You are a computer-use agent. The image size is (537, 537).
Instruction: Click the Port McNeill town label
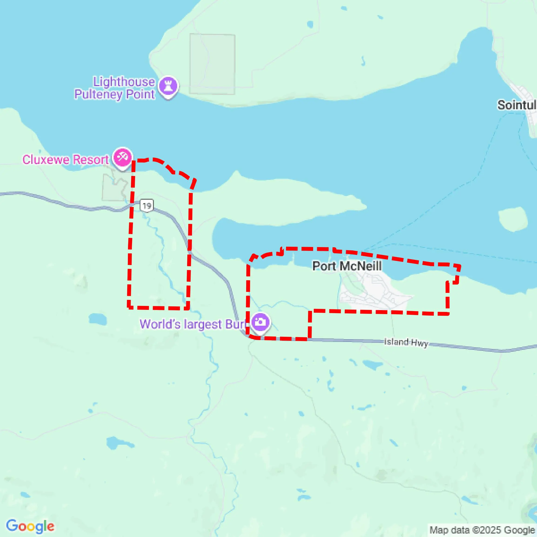[347, 266]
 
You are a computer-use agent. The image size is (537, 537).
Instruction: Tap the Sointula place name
[517, 105]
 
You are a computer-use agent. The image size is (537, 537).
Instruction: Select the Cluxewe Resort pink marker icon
[122, 158]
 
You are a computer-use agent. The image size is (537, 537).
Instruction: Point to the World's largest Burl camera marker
[260, 322]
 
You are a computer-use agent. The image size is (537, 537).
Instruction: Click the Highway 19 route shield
[147, 206]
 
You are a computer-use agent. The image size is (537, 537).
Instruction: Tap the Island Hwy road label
[406, 342]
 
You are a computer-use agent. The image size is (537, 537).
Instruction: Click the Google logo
[30, 526]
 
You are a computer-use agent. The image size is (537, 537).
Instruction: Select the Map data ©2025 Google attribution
[482, 530]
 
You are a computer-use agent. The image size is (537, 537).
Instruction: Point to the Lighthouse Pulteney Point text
[115, 88]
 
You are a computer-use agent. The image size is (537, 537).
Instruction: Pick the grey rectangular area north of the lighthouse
[212, 64]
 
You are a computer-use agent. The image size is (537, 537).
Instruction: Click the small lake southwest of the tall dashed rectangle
[98, 319]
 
